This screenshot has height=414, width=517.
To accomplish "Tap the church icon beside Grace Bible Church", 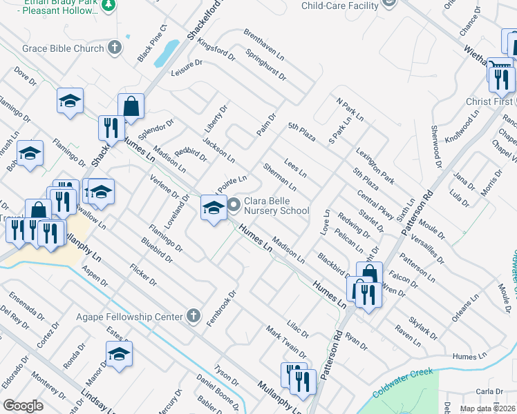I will pos(115,48).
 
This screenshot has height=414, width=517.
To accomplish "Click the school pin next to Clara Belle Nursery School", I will pos(214,206).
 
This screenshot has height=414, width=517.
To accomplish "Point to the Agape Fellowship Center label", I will pos(131,317).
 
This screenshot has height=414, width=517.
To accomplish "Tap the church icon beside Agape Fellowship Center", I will pos(194,317).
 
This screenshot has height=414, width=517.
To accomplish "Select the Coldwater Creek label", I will pos(403,384).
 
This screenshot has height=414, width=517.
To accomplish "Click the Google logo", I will pos(23,406).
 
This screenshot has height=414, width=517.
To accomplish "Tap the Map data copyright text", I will pos(487,408).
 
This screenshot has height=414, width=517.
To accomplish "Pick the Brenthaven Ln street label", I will pos(263,43).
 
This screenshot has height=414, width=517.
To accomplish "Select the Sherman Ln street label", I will pos(279,177).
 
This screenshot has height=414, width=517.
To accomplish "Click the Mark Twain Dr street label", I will pos(286,342).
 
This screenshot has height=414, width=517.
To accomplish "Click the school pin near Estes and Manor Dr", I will pos(120,355).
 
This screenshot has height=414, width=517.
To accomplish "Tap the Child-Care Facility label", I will pos(341,6).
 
